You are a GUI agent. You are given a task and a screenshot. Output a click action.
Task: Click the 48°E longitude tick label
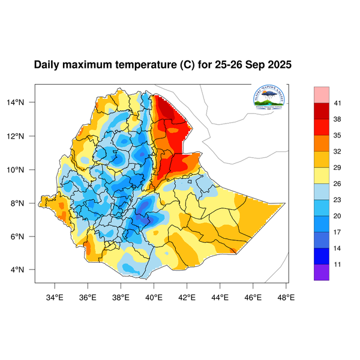pos(286,296)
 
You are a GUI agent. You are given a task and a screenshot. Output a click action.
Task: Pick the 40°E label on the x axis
pos(154,296)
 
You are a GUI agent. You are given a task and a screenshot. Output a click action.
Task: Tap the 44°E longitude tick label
pos(220,296)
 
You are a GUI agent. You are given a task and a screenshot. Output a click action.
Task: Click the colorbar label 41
pos(338,103)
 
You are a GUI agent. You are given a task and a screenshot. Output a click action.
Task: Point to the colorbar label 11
pos(338,263)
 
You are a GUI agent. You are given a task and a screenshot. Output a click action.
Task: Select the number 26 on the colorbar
pos(338,184)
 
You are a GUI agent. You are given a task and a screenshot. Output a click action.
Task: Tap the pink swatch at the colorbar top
pos(322,94)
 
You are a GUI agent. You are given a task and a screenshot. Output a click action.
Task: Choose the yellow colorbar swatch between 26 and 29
pos(322,175)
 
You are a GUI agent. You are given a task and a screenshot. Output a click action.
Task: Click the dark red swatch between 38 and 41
pos(322,111)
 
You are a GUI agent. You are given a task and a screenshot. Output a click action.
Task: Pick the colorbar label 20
pos(338,215)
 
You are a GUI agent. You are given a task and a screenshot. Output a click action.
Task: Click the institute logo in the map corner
pos(269,98)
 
